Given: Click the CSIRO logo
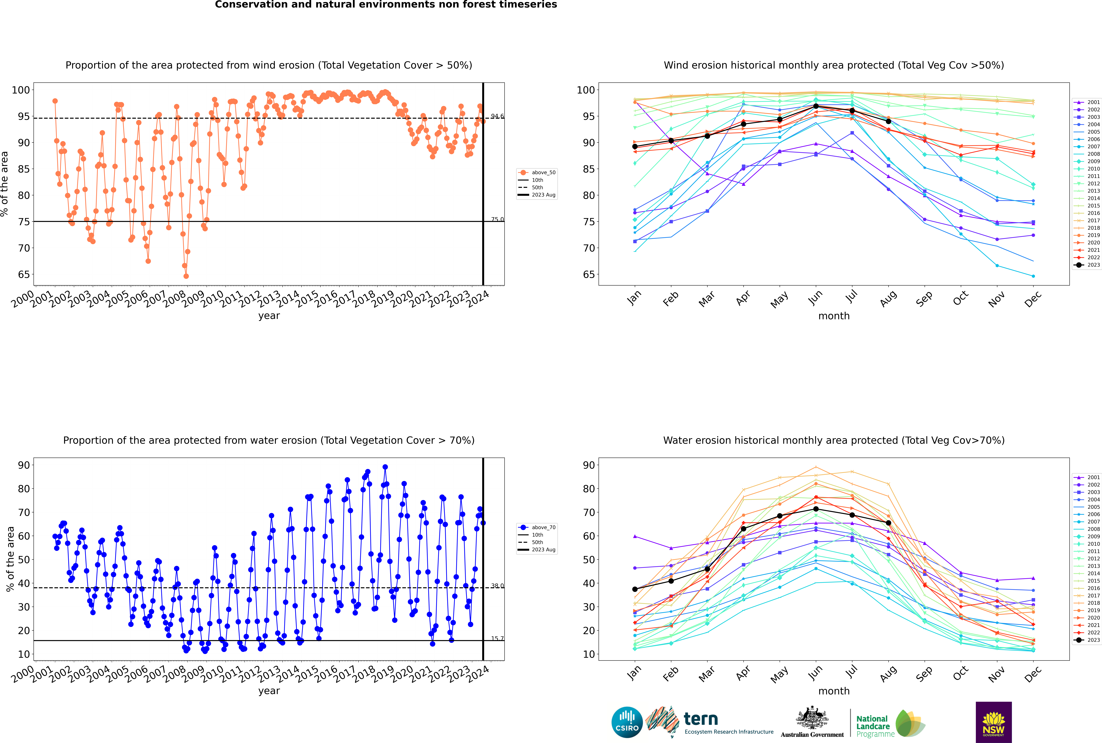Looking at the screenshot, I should pos(627,722).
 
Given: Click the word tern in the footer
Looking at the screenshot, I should pos(701,719).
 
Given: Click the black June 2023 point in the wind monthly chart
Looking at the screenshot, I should pos(816,106).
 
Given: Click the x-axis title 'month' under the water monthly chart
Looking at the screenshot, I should pos(834,691).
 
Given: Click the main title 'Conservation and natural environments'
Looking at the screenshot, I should pos(386,5).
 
